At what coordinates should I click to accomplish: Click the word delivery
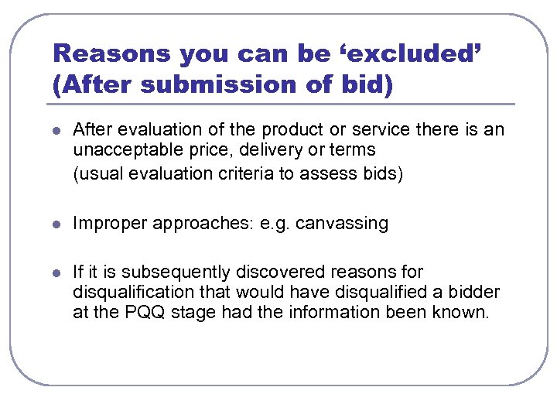coord(254,149)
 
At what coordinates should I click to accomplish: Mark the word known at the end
coord(461,313)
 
